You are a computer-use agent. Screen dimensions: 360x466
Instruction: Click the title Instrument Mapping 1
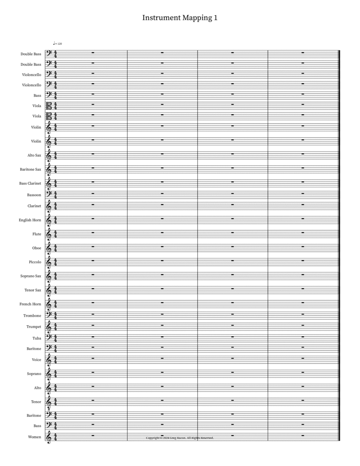(x=180, y=18)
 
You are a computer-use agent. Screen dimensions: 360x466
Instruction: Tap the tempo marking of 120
(x=58, y=43)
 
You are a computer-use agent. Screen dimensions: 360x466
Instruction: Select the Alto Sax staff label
(x=32, y=155)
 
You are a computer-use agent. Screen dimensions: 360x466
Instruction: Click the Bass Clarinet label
(x=30, y=183)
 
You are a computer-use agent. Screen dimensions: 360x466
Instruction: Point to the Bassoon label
(x=34, y=195)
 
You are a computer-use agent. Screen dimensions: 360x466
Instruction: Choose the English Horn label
(x=30, y=220)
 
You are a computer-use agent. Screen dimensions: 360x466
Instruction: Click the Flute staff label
(x=37, y=234)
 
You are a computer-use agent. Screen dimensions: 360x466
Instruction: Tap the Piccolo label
(x=35, y=262)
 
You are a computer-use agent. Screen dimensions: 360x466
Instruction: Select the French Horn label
(x=30, y=304)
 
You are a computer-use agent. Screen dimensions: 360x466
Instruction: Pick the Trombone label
(x=32, y=316)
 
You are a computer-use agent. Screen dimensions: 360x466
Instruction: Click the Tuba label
(x=37, y=338)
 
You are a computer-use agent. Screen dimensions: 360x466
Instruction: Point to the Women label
(x=34, y=437)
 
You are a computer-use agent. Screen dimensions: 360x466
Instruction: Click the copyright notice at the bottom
(x=180, y=438)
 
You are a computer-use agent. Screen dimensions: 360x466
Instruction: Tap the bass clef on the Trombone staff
(x=48, y=315)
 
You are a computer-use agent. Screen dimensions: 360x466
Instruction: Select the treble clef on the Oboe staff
(x=48, y=248)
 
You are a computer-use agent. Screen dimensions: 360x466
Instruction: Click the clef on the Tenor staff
(x=48, y=402)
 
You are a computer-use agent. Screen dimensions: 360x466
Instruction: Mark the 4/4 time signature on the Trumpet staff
(x=55, y=327)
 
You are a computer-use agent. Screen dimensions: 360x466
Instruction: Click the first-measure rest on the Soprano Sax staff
(x=92, y=274)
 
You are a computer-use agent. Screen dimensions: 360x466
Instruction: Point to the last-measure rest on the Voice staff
(x=303, y=358)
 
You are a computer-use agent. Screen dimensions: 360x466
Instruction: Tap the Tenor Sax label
(x=33, y=290)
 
